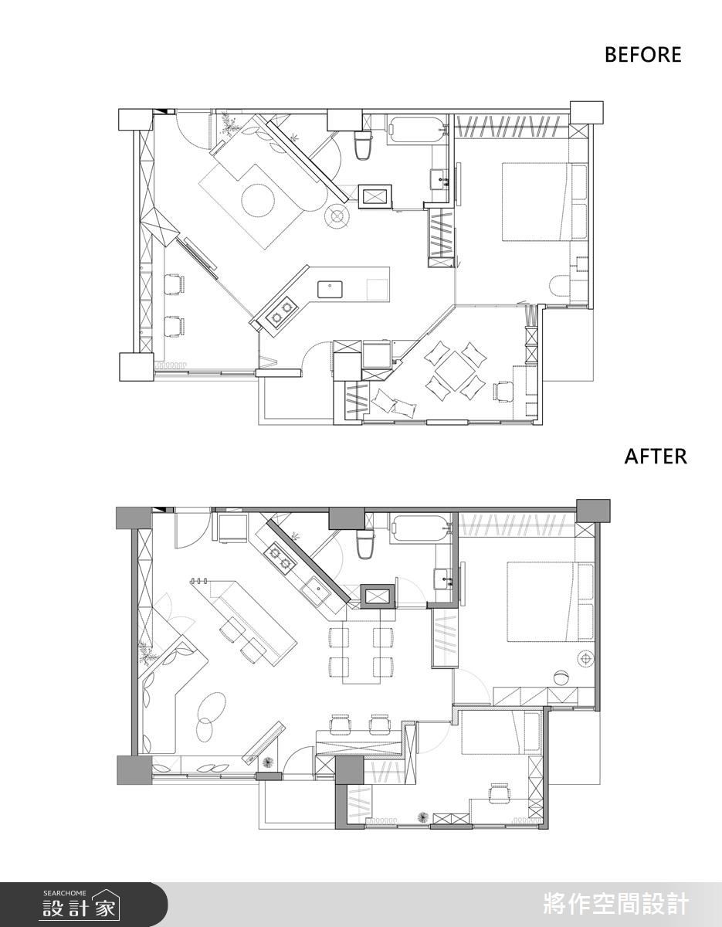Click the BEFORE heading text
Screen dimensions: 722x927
[642, 55]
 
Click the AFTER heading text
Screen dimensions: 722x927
[656, 457]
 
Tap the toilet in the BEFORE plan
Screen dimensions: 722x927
[362, 144]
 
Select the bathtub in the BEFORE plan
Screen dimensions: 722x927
[415, 129]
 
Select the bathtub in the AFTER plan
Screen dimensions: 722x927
[420, 528]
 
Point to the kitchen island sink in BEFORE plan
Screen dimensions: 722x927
[330, 289]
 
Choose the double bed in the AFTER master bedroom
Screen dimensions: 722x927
[550, 602]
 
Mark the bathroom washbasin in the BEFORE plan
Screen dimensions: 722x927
[439, 178]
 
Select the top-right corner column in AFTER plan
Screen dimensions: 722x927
[593, 510]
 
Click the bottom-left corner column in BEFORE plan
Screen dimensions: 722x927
[136, 367]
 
